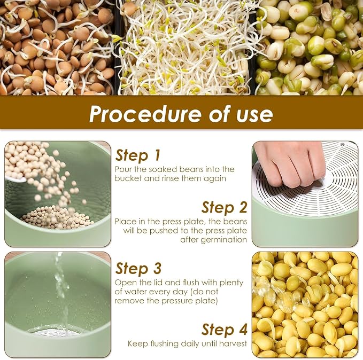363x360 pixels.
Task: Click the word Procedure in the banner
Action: (x=145, y=114)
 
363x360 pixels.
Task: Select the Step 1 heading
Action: (x=138, y=155)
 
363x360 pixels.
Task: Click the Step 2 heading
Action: (x=225, y=207)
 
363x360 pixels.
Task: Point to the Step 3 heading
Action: (x=138, y=269)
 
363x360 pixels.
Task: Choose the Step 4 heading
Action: (x=225, y=330)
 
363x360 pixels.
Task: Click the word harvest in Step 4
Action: (x=231, y=343)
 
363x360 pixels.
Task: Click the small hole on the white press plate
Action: (x=342, y=145)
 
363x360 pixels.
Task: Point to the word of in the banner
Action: (x=218, y=114)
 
